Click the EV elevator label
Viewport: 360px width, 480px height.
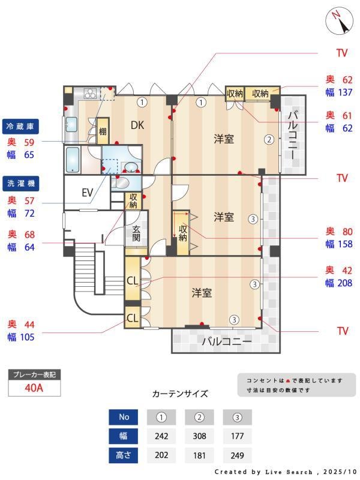[x=87, y=193]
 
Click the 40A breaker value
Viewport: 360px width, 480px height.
[x=34, y=388]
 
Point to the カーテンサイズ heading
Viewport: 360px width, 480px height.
[x=180, y=394]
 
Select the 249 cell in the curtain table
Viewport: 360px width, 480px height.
[x=238, y=455]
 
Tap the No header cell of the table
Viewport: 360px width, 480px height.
[x=124, y=417]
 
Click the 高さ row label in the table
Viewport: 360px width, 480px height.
[x=124, y=455]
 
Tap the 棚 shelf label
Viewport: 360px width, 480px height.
[x=103, y=132]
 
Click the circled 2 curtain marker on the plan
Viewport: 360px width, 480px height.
[x=269, y=140]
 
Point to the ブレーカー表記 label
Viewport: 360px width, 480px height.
[x=34, y=374]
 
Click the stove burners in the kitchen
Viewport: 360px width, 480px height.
[x=90, y=93]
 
